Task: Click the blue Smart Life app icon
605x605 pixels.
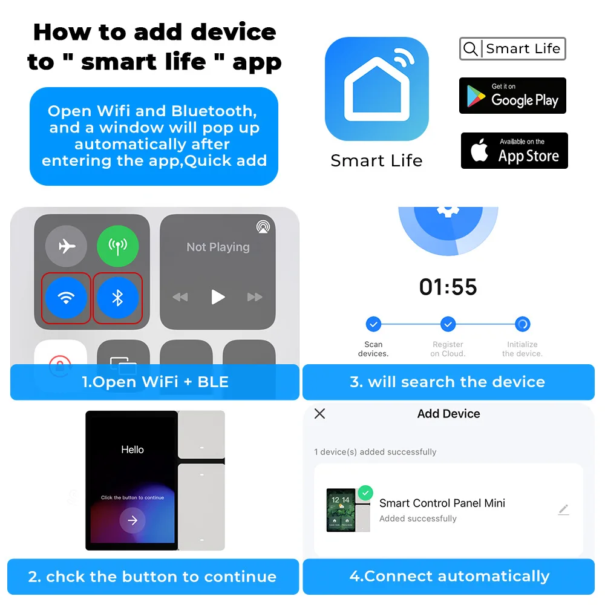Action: [x=377, y=89]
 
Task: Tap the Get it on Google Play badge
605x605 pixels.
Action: [x=512, y=96]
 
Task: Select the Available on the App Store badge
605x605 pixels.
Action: [x=514, y=151]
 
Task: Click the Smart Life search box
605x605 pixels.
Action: [x=512, y=49]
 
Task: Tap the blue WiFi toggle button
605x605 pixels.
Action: [x=66, y=298]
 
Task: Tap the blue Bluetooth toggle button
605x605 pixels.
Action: [x=118, y=298]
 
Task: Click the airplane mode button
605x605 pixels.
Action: [x=66, y=246]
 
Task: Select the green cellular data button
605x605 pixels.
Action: [x=118, y=246]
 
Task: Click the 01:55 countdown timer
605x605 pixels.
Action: [x=448, y=287]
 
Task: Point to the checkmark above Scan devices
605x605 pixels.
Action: [x=373, y=324]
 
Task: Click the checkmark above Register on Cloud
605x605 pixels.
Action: [x=448, y=324]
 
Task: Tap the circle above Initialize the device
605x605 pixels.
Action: [x=522, y=324]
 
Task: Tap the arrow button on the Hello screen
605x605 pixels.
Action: [x=132, y=520]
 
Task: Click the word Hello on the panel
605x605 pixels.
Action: [x=132, y=450]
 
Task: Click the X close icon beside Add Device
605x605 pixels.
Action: [x=320, y=414]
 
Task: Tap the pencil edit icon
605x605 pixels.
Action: [x=563, y=509]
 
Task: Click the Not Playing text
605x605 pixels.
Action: [x=218, y=247]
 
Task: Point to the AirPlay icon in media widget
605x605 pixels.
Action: [x=263, y=227]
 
